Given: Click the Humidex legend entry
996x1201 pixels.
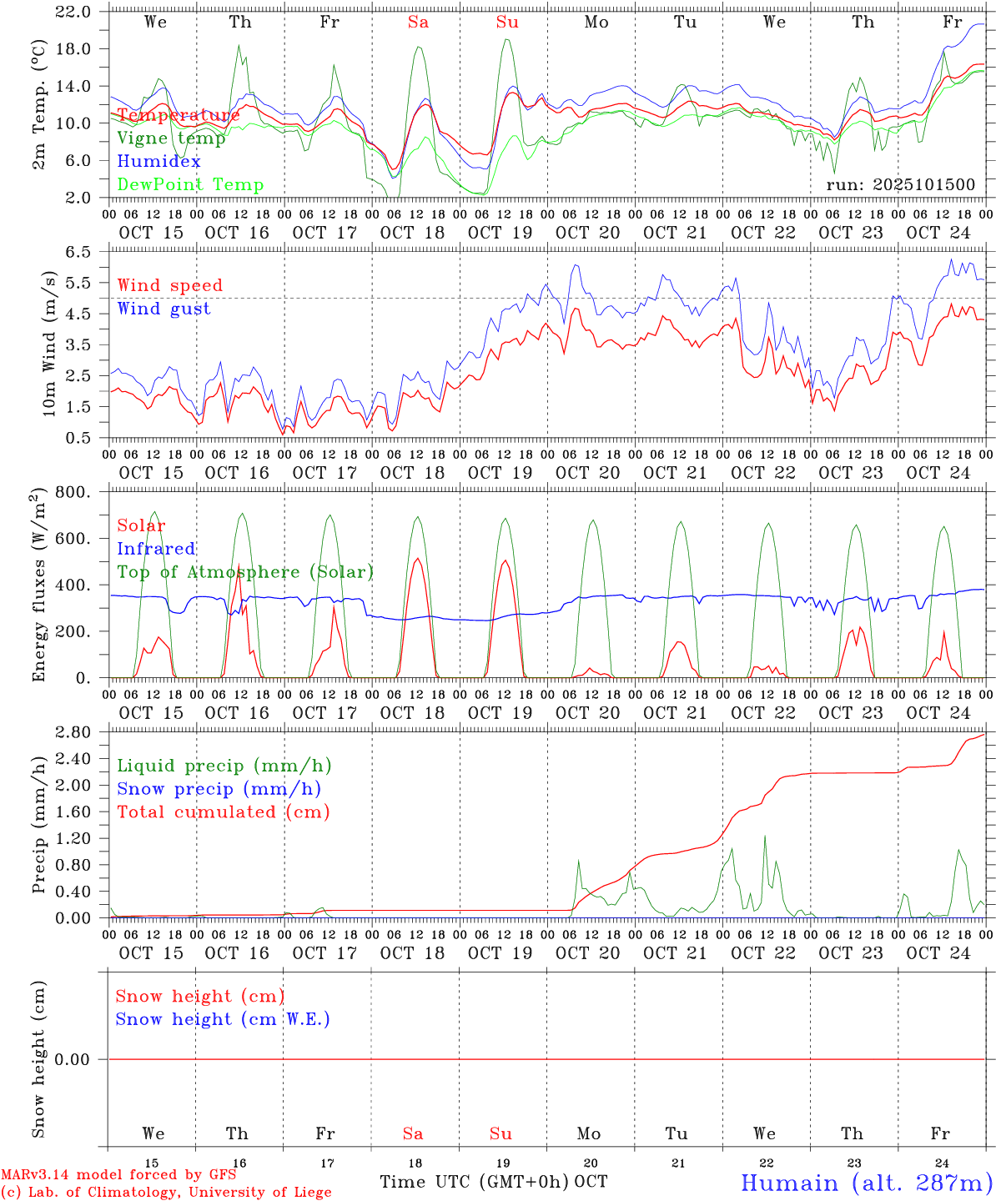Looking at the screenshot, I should click(158, 162).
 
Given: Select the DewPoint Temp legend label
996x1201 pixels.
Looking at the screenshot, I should click(190, 185).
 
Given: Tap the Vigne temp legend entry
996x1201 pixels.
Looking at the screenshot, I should click(171, 138).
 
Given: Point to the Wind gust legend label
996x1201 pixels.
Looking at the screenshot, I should click(163, 309).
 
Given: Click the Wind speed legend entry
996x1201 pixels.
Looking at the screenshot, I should click(169, 285).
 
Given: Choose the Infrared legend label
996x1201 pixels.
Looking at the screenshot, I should click(156, 549).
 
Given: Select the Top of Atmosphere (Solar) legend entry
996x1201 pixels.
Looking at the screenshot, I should click(244, 572).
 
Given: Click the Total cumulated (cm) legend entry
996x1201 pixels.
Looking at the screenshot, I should click(223, 812).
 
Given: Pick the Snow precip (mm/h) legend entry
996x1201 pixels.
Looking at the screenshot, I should click(219, 789).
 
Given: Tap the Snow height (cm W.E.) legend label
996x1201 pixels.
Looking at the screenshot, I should click(222, 1019).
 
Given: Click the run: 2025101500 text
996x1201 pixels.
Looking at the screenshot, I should click(900, 185).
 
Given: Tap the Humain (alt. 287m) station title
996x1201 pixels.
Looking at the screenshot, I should click(866, 1183).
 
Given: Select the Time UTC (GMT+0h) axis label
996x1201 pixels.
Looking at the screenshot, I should click(474, 1182).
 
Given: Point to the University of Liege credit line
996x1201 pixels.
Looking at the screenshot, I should click(166, 1193).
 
